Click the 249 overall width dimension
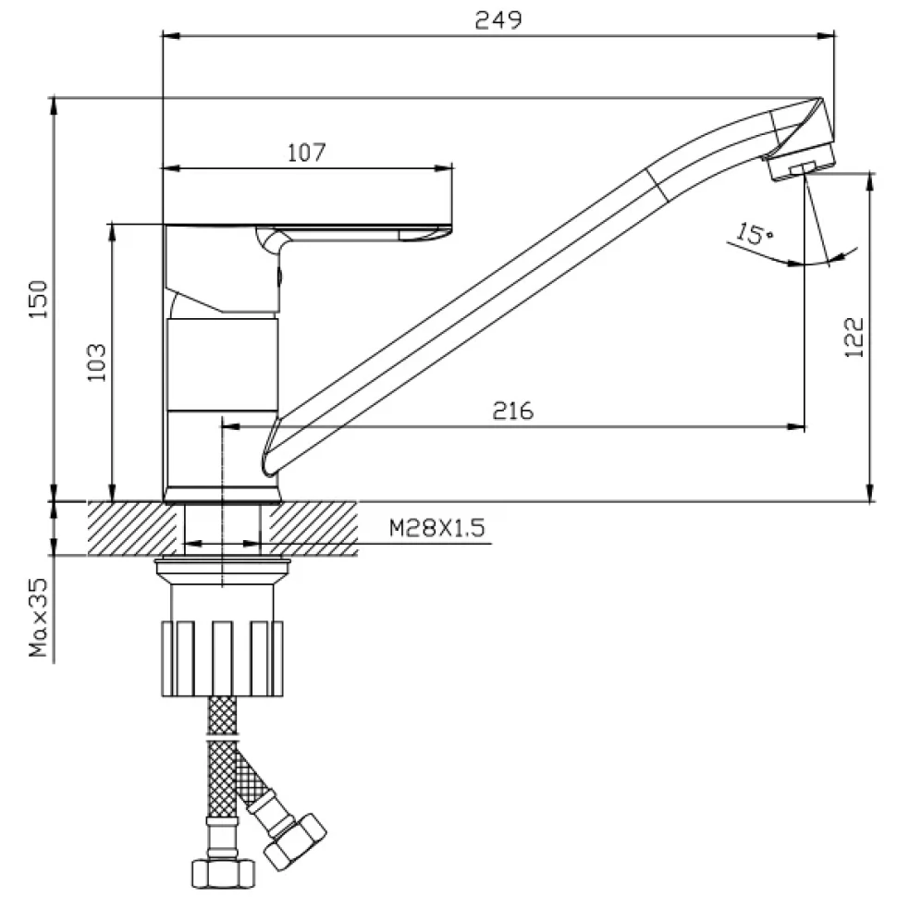(x=498, y=20)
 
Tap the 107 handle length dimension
(x=307, y=153)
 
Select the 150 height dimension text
(x=39, y=300)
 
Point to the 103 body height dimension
(x=96, y=362)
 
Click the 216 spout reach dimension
(x=513, y=412)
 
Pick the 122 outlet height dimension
(x=854, y=338)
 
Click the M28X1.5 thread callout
(x=437, y=527)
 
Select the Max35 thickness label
(x=38, y=617)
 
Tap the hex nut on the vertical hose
(x=223, y=872)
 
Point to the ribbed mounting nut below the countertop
(x=223, y=658)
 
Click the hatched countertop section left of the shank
(x=133, y=528)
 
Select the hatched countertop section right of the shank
(x=313, y=528)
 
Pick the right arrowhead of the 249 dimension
(x=826, y=36)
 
